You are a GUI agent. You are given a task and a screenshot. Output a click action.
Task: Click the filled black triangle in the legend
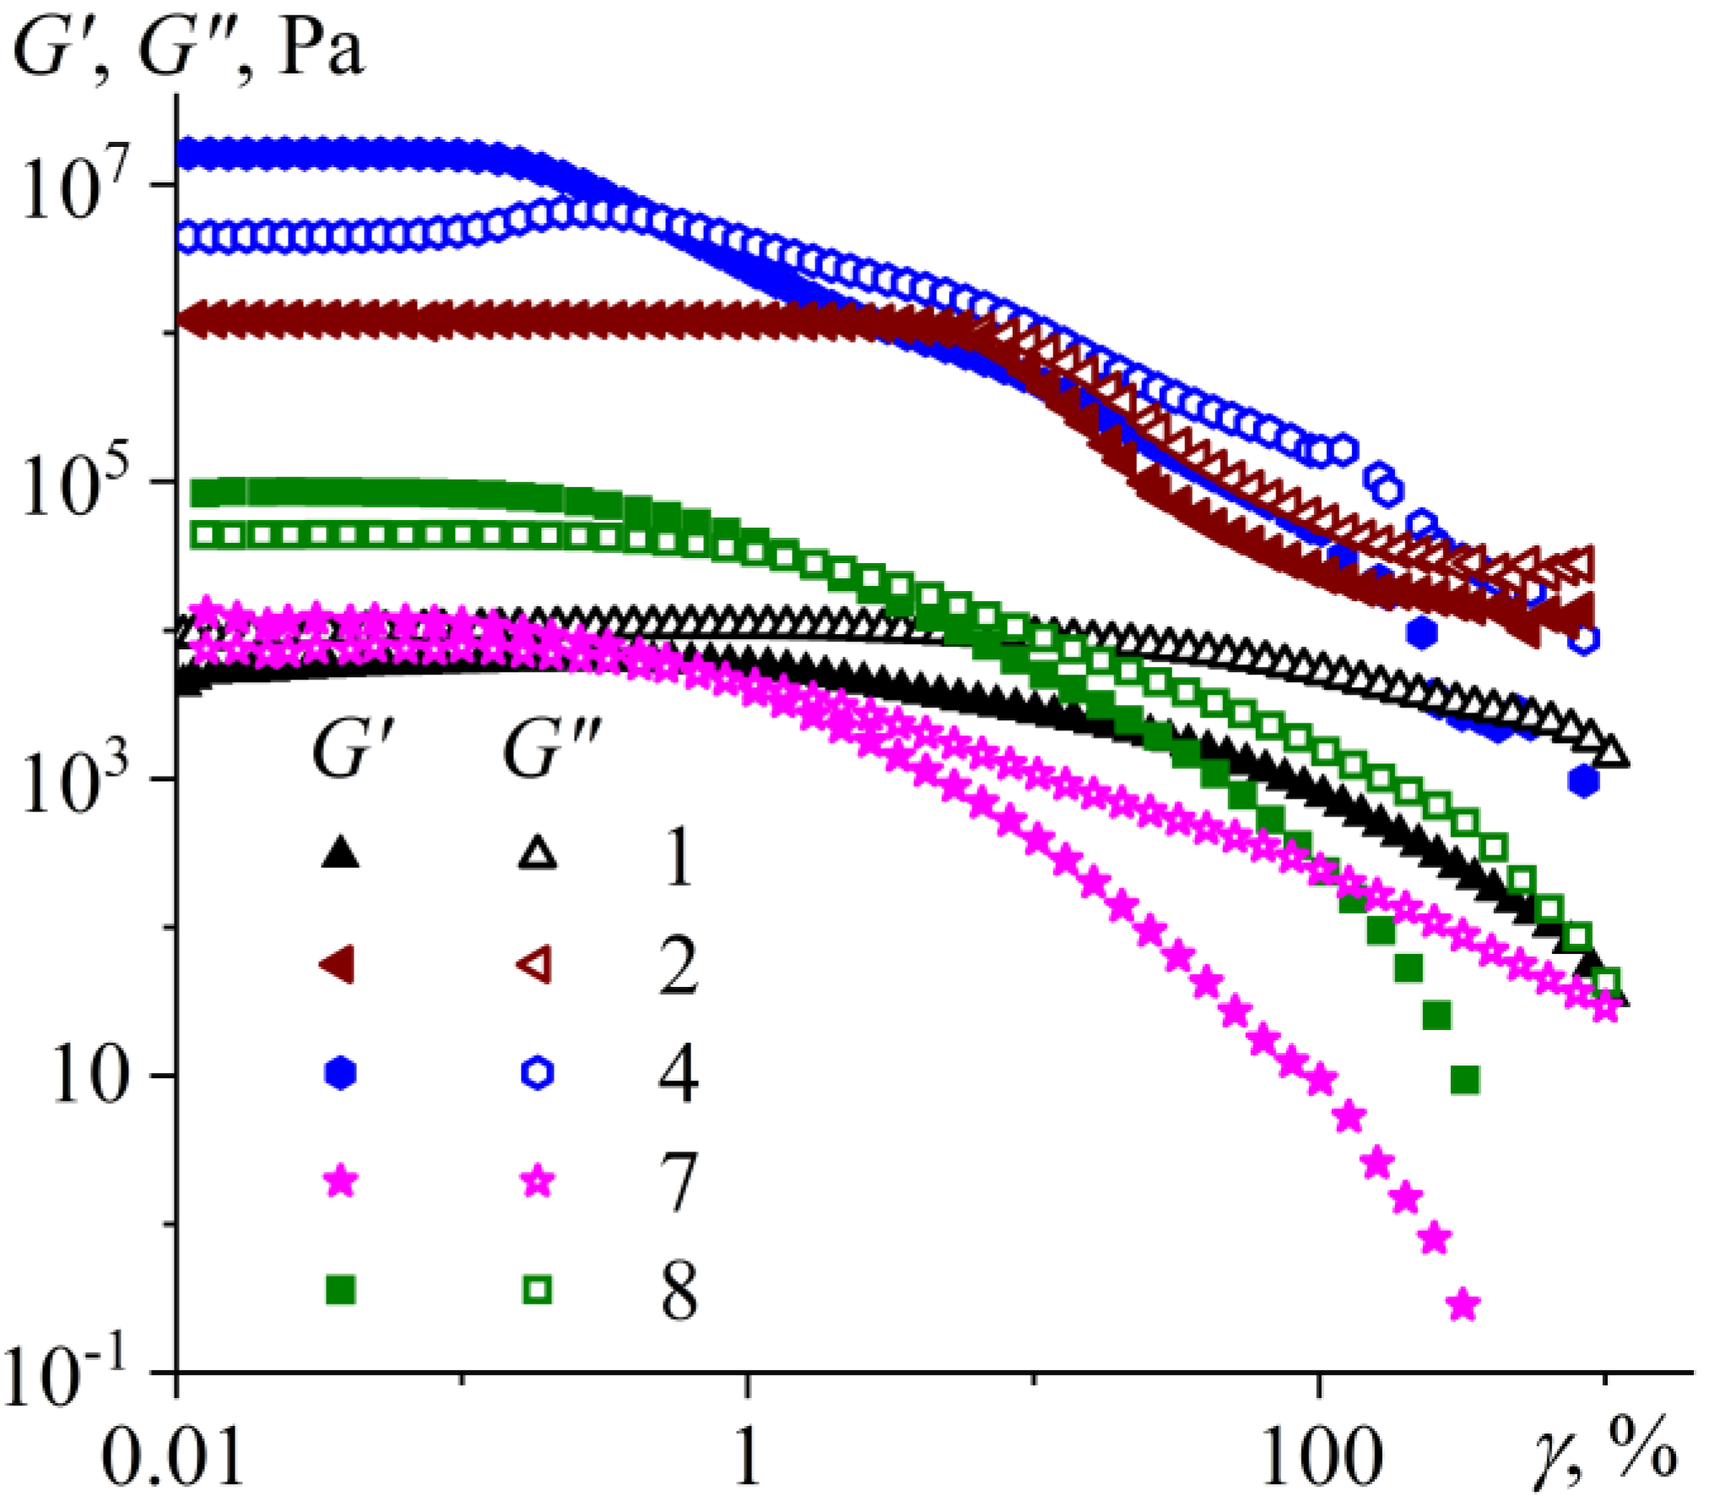341,854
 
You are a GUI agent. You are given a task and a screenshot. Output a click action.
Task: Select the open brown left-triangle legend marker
537,963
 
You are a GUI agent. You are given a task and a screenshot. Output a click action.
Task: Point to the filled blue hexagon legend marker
341,1073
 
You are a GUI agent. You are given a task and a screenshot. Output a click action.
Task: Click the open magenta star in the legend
538,1182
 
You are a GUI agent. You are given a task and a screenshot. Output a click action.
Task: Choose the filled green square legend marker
341,1290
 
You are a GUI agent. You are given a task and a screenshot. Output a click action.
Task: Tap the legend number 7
678,1183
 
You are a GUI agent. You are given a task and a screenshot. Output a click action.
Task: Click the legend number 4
678,1074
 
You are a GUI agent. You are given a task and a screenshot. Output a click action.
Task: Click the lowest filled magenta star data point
1463,1304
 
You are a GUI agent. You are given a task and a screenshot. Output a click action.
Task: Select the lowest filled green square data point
1465,1080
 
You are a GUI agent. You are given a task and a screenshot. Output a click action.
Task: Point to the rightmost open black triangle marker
1612,752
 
